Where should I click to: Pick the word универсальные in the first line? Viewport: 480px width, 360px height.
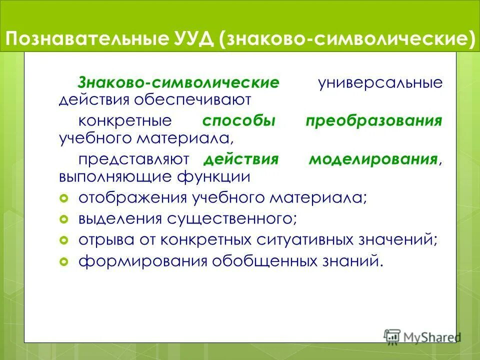click(x=380, y=83)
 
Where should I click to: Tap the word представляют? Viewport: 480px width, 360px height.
click(x=133, y=159)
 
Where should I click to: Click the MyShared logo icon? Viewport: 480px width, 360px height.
click(x=392, y=336)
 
